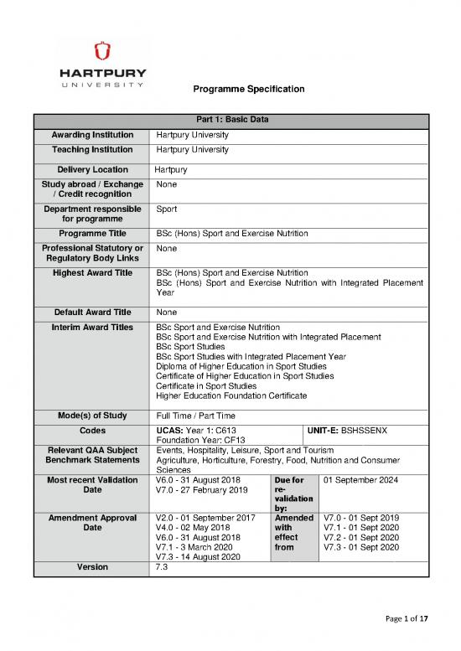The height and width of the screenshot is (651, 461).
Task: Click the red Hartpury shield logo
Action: click(102, 51)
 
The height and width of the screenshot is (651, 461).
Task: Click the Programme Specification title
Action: click(248, 89)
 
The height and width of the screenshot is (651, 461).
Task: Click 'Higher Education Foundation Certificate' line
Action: click(231, 395)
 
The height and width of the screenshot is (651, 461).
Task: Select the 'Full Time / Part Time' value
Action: click(196, 416)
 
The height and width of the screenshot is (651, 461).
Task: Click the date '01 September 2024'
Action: click(365, 480)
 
